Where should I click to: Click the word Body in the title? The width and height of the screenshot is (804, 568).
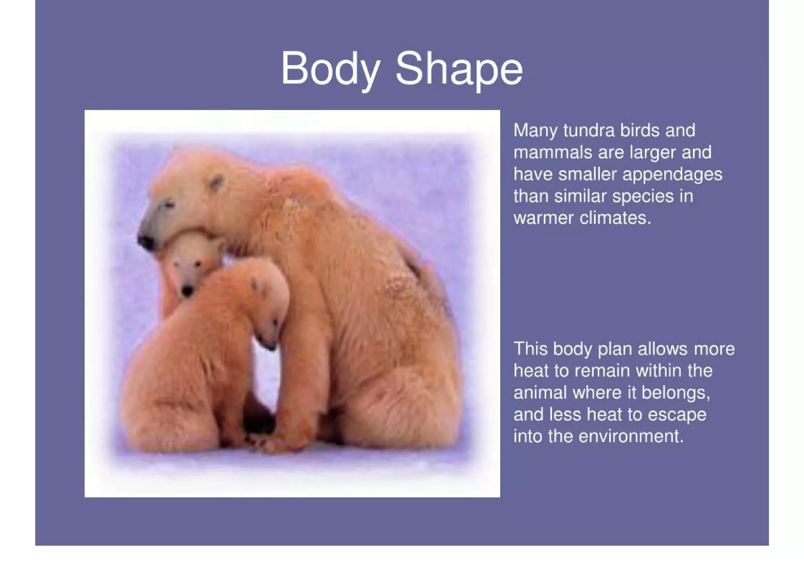[x=330, y=68]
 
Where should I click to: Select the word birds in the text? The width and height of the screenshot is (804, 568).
[x=640, y=130]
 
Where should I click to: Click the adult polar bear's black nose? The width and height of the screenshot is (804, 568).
[x=146, y=241]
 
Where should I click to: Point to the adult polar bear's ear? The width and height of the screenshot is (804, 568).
[x=216, y=183]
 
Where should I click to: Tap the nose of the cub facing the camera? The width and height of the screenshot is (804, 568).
[x=187, y=291]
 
